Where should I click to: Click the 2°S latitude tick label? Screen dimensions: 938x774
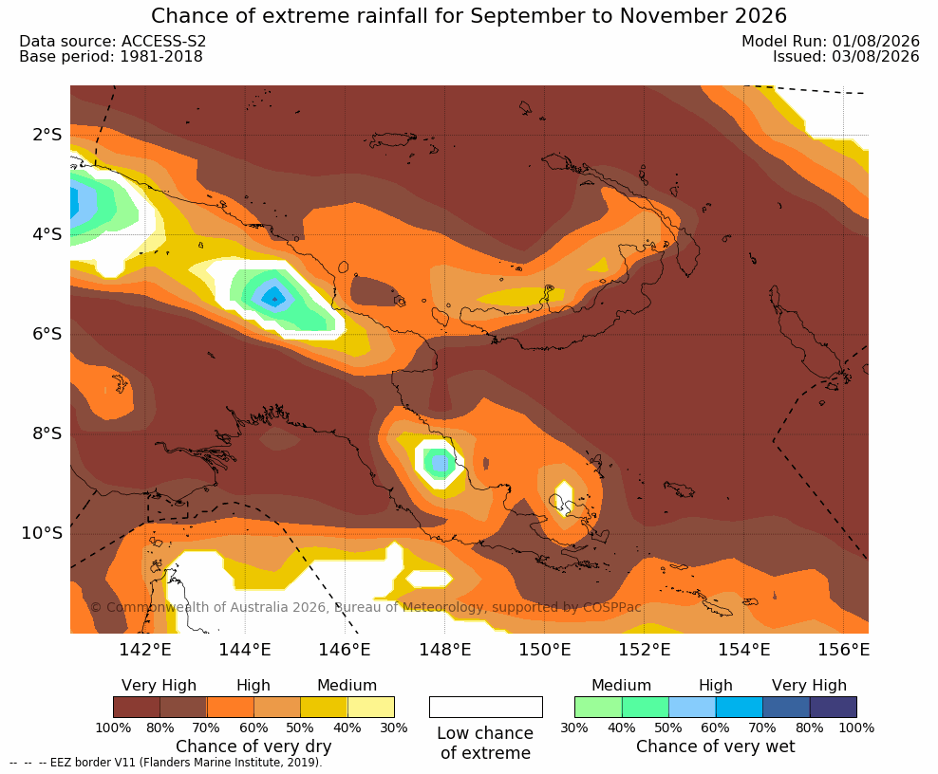pyautogui.click(x=47, y=135)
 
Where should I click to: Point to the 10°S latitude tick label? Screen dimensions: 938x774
pyautogui.click(x=42, y=532)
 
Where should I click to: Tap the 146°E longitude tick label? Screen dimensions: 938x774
pyautogui.click(x=345, y=649)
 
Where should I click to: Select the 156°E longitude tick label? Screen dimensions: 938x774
pyautogui.click(x=843, y=649)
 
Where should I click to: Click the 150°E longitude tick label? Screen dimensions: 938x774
pyautogui.click(x=544, y=649)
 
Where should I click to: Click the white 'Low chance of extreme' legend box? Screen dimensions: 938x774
pyautogui.click(x=486, y=707)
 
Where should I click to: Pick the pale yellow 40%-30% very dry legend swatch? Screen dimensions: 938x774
pyautogui.click(x=371, y=707)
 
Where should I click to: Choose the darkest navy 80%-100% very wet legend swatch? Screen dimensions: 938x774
pyautogui.click(x=834, y=707)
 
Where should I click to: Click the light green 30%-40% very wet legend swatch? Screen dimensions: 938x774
pyautogui.click(x=598, y=707)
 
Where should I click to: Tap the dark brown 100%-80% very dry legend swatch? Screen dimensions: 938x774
pyautogui.click(x=137, y=707)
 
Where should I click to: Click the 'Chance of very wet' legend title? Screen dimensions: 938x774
pyautogui.click(x=716, y=746)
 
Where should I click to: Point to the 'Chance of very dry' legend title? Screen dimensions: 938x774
pyautogui.click(x=253, y=746)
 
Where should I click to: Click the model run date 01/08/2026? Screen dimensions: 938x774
pyautogui.click(x=875, y=41)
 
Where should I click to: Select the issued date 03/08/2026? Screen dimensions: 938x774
pyautogui.click(x=875, y=57)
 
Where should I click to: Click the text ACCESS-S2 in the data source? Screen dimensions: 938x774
pyautogui.click(x=163, y=41)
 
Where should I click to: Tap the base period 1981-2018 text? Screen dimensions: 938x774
pyautogui.click(x=161, y=57)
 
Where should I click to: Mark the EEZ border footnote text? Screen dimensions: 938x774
pyautogui.click(x=166, y=763)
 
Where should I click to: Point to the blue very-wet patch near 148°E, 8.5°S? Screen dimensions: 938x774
pyautogui.click(x=440, y=462)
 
